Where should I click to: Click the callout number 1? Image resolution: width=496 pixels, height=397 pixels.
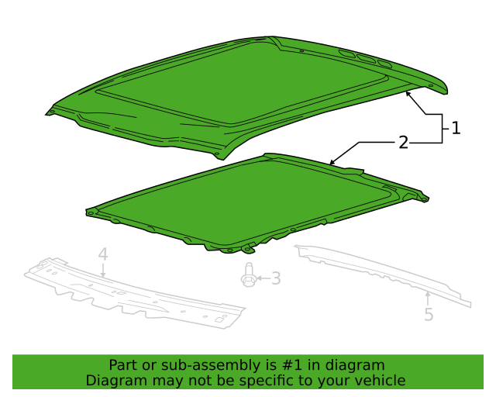click(x=456, y=128)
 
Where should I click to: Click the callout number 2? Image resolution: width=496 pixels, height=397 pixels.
click(x=403, y=143)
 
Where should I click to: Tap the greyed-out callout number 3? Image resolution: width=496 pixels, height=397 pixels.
click(x=276, y=278)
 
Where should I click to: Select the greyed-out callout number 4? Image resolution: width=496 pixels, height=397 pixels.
click(x=103, y=255)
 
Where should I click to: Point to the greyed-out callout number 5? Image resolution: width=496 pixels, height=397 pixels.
click(x=429, y=314)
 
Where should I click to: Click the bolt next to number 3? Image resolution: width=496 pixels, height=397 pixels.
click(x=248, y=274)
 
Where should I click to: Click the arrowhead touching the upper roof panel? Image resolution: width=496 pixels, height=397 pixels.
click(x=408, y=93)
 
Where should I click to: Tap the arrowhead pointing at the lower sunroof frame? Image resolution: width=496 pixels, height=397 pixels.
click(x=332, y=162)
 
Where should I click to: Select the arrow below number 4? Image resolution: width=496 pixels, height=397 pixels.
click(x=103, y=270)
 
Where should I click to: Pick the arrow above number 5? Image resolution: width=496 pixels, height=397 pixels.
click(x=427, y=299)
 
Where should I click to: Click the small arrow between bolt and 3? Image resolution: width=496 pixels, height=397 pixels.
click(x=263, y=278)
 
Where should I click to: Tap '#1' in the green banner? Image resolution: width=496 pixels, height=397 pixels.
click(x=291, y=365)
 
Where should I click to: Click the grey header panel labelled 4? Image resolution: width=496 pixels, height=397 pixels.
click(x=134, y=293)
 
